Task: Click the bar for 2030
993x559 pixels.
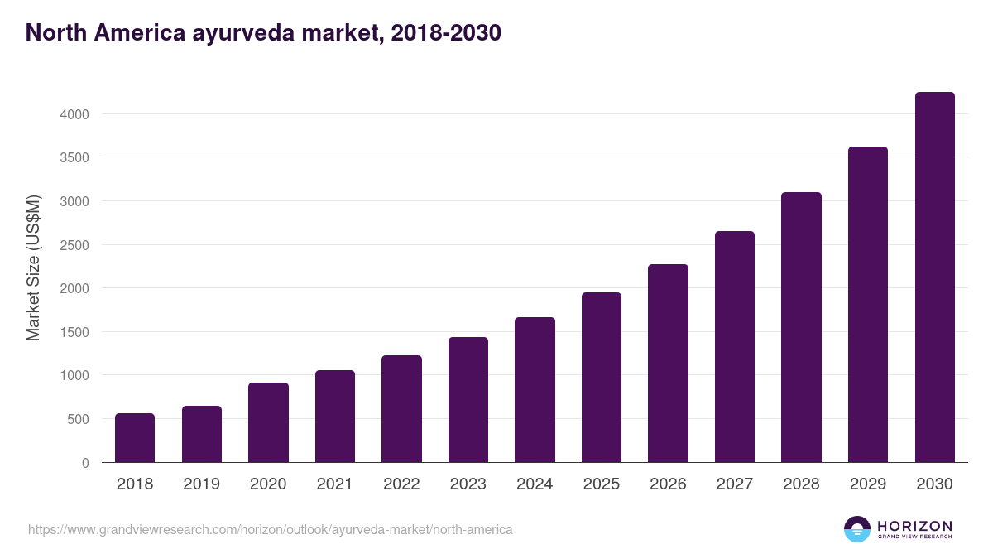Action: [x=934, y=277]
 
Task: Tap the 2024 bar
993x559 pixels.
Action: [x=535, y=389]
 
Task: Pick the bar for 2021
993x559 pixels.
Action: [x=335, y=416]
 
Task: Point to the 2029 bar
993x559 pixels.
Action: [x=868, y=304]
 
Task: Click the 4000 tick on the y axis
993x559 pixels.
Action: [x=74, y=114]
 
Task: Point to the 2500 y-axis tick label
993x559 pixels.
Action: [x=74, y=245]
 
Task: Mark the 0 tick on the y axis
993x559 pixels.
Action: [x=85, y=463]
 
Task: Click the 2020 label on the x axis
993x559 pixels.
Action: [x=268, y=484]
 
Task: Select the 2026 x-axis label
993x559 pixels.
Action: [x=668, y=484]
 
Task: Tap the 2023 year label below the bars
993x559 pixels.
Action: [x=468, y=484]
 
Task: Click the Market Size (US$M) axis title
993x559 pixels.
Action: [x=33, y=268]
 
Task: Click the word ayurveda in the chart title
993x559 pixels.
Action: [x=235, y=33]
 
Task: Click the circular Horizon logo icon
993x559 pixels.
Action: [x=857, y=529]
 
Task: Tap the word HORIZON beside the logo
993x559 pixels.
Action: [x=914, y=525]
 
